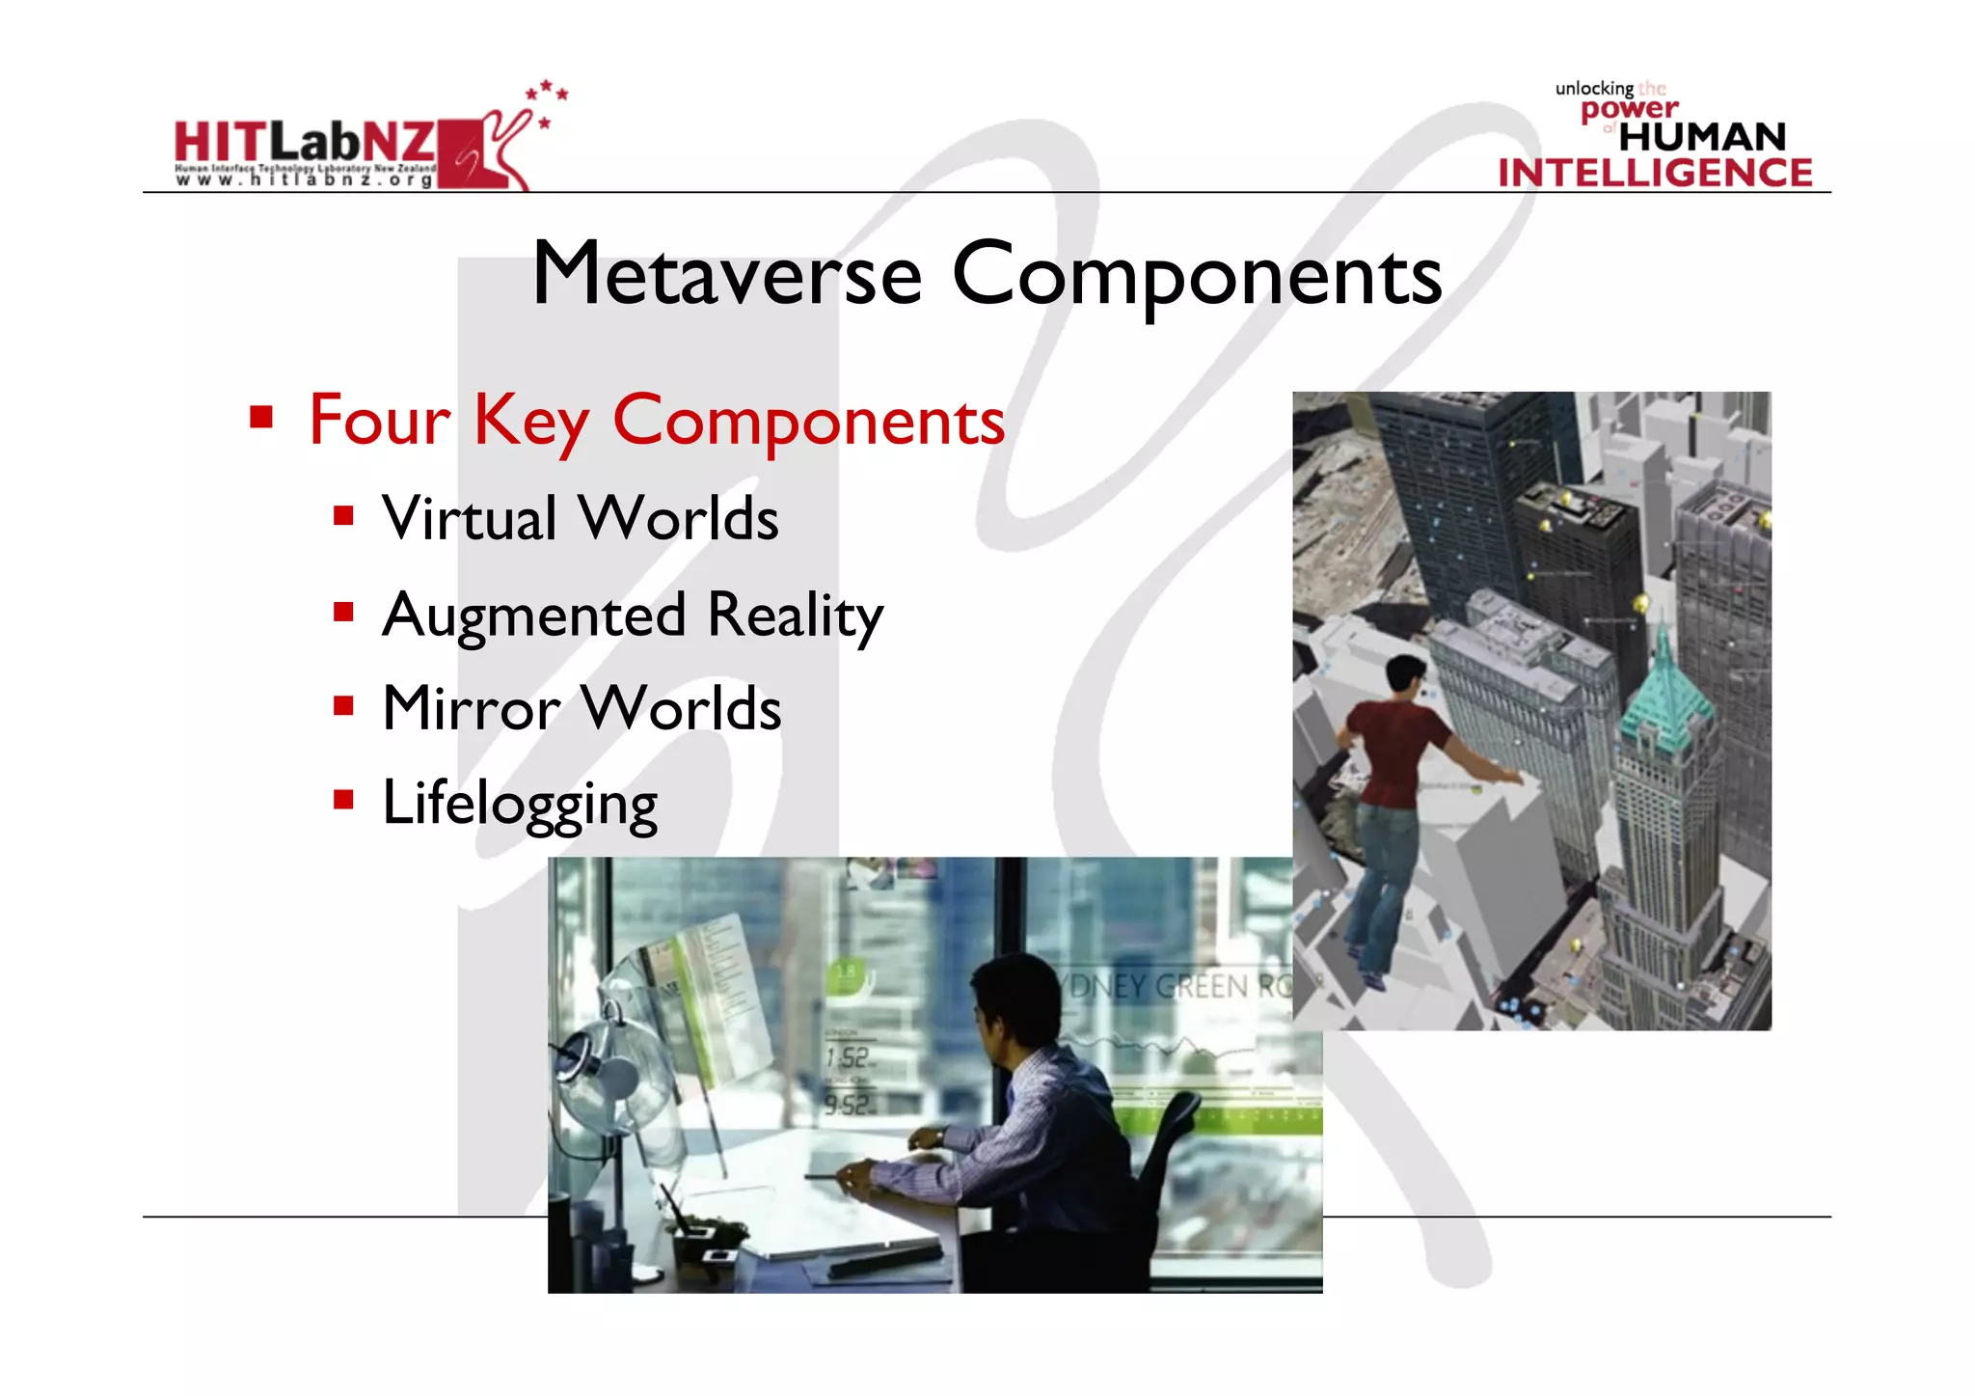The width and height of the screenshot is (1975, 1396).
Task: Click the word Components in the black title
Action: pyautogui.click(x=1197, y=277)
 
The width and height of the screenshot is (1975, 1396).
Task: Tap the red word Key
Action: pyautogui.click(x=529, y=423)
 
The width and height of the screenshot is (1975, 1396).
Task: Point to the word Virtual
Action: pyautogui.click(x=470, y=519)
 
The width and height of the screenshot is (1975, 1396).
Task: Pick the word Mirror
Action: pyautogui.click(x=471, y=709)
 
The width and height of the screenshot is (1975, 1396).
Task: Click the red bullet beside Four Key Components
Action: pyautogui.click(x=260, y=417)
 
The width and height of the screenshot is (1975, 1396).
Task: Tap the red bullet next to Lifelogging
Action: pyautogui.click(x=343, y=799)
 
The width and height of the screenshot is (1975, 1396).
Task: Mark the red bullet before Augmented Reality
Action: pyautogui.click(x=343, y=612)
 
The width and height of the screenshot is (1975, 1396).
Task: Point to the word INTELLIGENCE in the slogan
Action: pyautogui.click(x=1655, y=173)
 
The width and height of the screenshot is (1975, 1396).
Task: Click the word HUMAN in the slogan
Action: pyautogui.click(x=1702, y=137)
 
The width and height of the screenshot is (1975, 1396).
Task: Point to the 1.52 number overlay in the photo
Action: pyautogui.click(x=848, y=1058)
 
